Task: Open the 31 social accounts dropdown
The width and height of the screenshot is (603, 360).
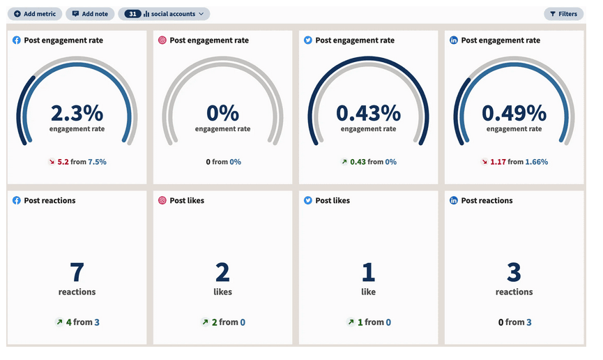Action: point(164,14)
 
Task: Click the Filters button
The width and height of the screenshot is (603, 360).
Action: point(563,14)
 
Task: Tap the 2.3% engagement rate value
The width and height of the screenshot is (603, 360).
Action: point(77,113)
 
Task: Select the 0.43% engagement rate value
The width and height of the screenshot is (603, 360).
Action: point(368,113)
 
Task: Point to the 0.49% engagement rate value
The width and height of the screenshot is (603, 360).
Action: point(514,113)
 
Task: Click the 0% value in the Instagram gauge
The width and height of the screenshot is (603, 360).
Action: point(222,113)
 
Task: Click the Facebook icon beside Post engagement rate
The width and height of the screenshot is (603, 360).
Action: point(17,40)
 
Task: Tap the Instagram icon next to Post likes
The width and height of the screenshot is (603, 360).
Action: point(162,201)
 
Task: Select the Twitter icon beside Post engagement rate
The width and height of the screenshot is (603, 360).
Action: point(308,40)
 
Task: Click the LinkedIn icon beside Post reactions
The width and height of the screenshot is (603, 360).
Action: point(454,201)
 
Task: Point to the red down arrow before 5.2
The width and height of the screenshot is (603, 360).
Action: point(51,162)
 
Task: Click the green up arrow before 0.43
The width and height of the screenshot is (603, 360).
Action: point(344,162)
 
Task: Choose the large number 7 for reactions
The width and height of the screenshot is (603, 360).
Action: point(77,272)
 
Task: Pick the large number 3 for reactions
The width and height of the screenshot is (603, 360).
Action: point(514,272)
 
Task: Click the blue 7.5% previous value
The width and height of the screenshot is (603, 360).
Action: point(97,162)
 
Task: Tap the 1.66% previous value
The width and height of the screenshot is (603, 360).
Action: point(537,162)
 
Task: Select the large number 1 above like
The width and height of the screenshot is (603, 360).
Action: point(368,272)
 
